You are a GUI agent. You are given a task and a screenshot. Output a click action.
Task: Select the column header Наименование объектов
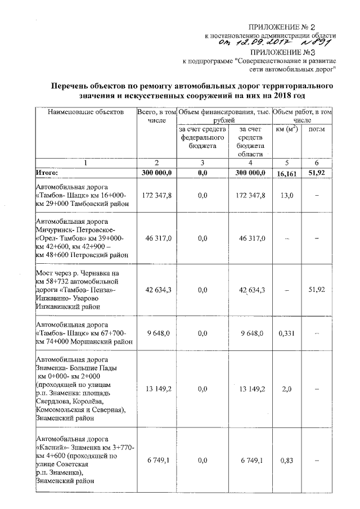coord(85,112)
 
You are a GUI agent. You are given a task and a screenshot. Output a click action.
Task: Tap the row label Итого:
coord(47,173)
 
